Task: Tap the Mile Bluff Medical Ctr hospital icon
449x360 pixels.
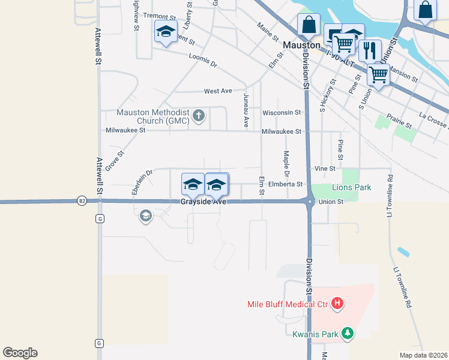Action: (337, 304)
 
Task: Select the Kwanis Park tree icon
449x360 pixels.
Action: (347, 334)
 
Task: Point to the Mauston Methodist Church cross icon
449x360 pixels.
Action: (199, 116)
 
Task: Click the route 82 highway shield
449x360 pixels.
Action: (81, 201)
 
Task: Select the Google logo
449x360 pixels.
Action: (20, 353)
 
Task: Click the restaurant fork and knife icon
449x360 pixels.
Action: (370, 50)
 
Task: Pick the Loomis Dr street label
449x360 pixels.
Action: (202, 60)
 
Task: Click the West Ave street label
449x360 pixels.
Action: (218, 91)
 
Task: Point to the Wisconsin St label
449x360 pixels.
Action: (281, 112)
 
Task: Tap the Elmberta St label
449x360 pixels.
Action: (285, 185)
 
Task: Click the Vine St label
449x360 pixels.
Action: (325, 169)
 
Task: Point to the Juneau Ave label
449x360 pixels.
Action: (246, 110)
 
